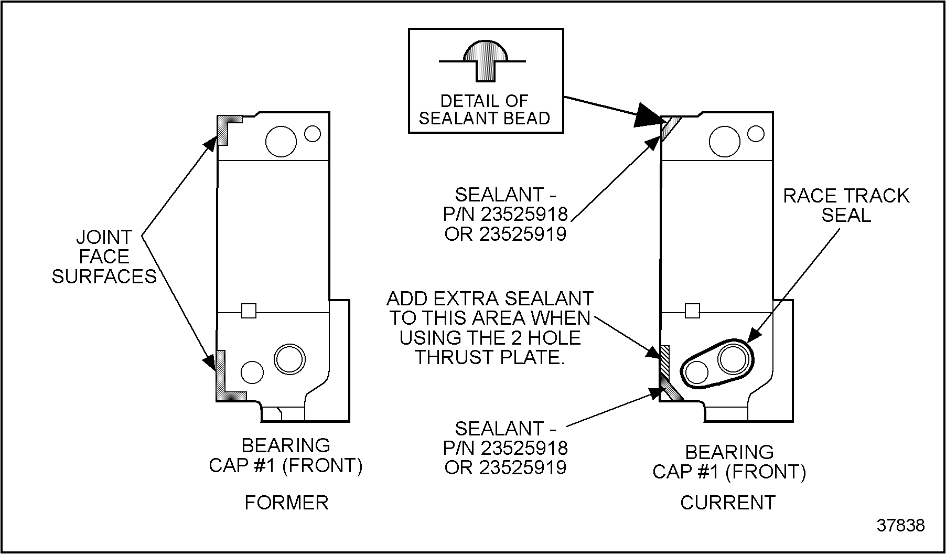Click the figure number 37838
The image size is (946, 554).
point(900,525)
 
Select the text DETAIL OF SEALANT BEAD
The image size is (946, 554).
point(484,109)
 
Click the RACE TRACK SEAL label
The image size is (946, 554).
point(846,205)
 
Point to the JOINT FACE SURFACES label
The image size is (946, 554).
point(104,257)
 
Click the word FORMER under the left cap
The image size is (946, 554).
point(286,503)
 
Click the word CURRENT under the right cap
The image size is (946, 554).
point(728,503)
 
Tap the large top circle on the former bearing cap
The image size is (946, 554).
point(281,141)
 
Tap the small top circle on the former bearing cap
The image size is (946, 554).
point(313,133)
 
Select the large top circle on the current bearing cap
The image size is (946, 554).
point(724,141)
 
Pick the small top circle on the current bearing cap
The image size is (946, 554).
point(756,133)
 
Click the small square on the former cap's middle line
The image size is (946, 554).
point(249,311)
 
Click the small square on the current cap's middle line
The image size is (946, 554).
point(692,311)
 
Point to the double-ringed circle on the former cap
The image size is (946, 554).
point(289,359)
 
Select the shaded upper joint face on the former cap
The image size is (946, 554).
point(224,129)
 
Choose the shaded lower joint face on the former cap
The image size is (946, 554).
point(222,378)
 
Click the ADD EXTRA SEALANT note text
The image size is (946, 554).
point(490,328)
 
